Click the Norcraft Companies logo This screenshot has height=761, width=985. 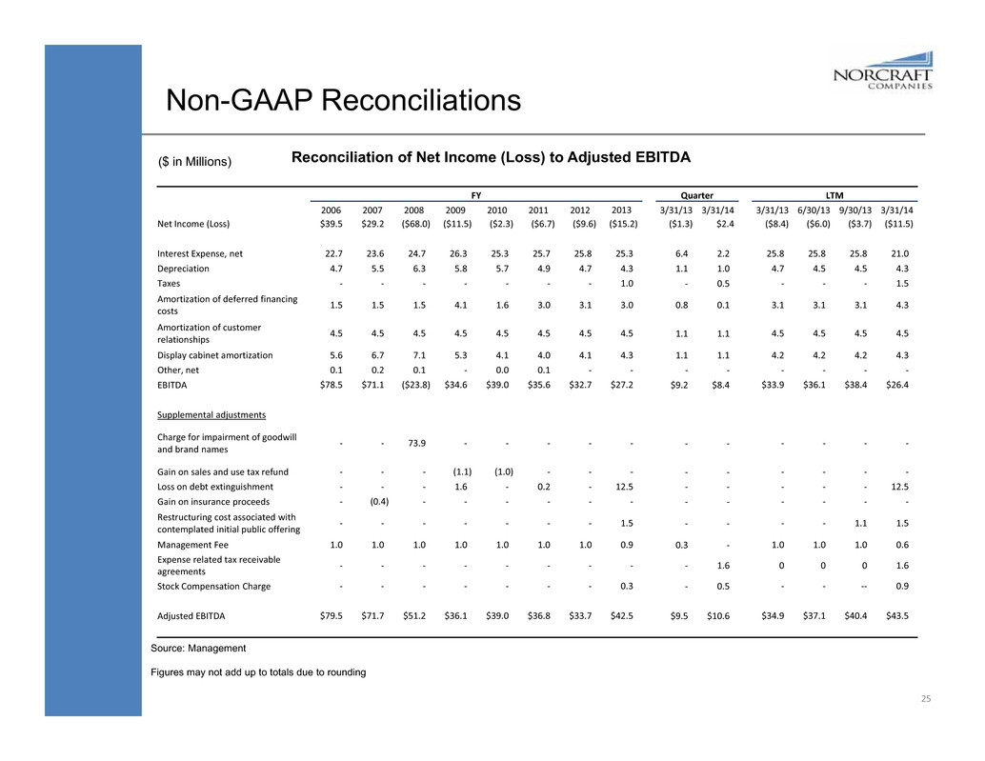pos(882,74)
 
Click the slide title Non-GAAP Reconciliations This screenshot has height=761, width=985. pos(343,99)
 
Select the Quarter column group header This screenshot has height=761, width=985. pos(701,193)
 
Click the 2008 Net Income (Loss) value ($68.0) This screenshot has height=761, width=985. pos(413,225)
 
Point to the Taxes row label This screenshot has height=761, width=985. pos(171,283)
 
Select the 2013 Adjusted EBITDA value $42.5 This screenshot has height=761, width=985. pos(620,615)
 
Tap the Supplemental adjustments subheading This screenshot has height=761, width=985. pos(211,415)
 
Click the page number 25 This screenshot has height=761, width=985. pos(924,699)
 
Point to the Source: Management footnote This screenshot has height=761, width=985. pos(198,648)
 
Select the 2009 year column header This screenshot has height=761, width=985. pos(454,210)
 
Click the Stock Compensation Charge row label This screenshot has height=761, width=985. pos(213,586)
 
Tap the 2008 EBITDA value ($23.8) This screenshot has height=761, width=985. pos(413,385)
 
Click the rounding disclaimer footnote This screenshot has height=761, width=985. pos(257,672)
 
